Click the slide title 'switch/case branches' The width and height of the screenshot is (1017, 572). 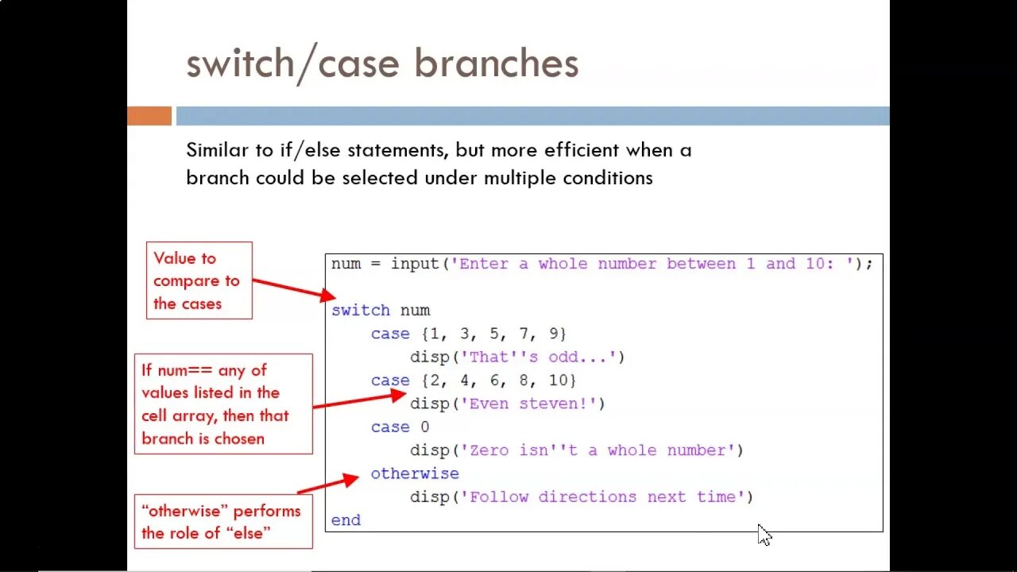pos(382,64)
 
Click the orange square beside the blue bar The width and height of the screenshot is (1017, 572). pos(149,116)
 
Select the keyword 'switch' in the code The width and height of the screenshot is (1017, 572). pos(361,311)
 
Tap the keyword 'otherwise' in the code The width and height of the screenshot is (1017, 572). pos(415,473)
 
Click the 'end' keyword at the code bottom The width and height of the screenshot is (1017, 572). pos(346,520)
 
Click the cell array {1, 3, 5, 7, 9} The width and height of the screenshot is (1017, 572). pos(493,334)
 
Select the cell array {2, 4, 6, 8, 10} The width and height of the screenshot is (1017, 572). pos(498,381)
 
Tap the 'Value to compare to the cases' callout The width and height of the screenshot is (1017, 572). pos(199,280)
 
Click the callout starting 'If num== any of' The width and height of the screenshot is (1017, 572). pos(222,404)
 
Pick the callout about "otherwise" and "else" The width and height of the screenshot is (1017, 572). pos(222,521)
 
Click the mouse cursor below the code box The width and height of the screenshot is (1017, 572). pos(764,535)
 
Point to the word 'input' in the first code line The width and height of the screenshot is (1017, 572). pos(415,264)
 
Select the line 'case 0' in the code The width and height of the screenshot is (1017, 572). pos(400,427)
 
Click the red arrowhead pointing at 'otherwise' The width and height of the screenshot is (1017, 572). pos(350,479)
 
